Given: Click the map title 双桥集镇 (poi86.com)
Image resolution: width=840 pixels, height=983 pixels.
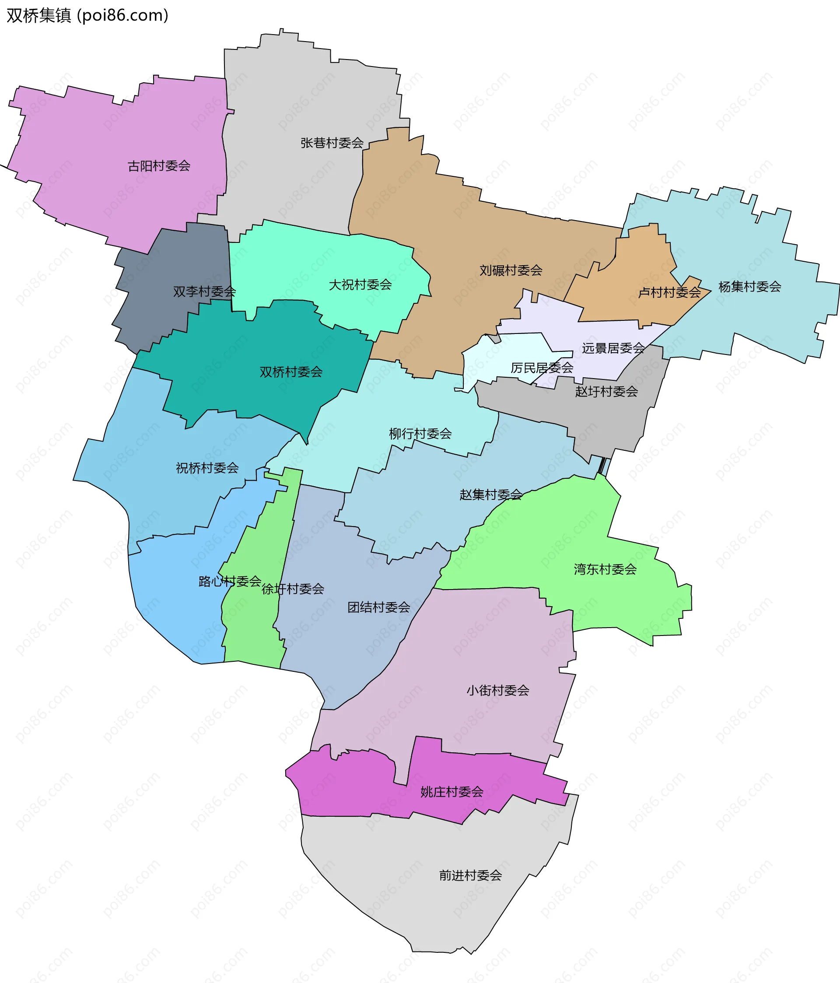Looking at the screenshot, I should point(88,16).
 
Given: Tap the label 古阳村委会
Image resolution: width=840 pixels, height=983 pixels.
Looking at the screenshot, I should point(159,166).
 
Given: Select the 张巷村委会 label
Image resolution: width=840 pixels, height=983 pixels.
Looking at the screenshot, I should point(332,143).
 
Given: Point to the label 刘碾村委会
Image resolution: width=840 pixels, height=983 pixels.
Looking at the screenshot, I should point(511,270).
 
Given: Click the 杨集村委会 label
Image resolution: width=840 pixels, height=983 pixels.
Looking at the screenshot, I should point(749,287).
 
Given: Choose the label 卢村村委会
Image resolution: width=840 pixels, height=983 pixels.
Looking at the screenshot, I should point(669,293).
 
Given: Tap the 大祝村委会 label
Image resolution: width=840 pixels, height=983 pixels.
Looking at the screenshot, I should point(360,284).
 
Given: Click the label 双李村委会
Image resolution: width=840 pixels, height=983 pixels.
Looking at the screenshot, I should point(204,291).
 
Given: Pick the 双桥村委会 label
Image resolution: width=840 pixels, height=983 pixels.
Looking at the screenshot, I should point(291,372).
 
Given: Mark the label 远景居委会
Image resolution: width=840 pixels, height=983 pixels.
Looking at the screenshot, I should point(613,348).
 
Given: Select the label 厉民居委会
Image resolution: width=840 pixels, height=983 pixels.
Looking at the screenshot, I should point(542,368).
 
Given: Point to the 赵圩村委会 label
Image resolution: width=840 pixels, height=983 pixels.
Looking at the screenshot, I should point(606,391).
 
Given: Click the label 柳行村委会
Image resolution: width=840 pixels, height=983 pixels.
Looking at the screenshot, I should point(420,434).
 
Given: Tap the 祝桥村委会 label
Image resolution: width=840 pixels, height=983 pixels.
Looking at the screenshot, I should point(207,468).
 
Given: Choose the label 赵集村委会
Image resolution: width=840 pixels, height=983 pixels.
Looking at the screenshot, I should point(491,495).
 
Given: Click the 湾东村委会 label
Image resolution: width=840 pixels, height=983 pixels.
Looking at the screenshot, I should point(605,569).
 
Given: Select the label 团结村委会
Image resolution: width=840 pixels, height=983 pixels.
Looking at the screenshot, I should point(378,607).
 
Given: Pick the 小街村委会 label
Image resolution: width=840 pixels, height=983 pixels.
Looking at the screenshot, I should point(497,690).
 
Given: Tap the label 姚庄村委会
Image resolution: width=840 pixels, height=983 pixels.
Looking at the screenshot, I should point(451,792).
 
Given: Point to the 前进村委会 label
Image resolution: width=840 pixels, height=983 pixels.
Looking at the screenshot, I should point(470,875).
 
